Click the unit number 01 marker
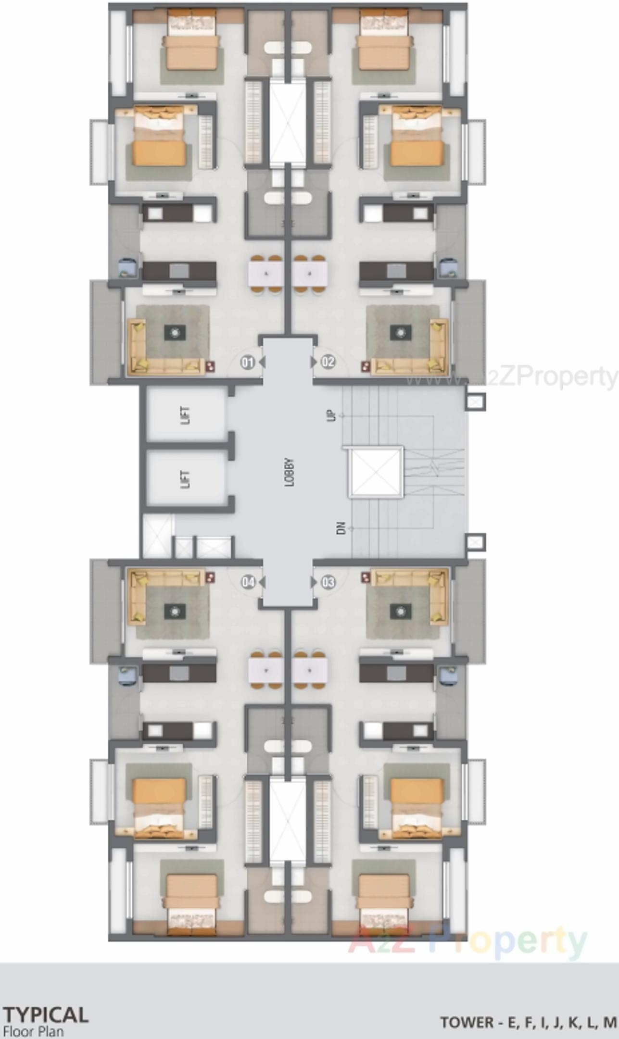(248, 362)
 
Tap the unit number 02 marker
(328, 362)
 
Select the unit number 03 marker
(328, 582)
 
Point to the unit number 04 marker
(248, 583)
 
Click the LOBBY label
(289, 473)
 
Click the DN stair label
(341, 528)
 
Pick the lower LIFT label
(186, 479)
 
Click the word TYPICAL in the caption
(46, 1014)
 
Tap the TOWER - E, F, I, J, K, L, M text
(529, 1022)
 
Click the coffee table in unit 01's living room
(174, 332)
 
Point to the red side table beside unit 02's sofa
(366, 367)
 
